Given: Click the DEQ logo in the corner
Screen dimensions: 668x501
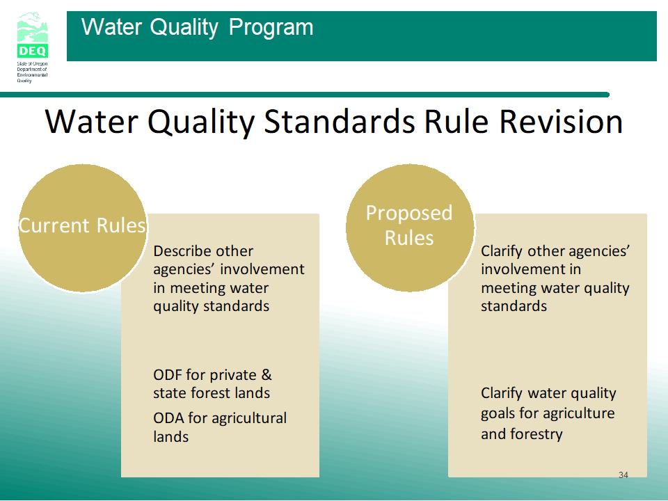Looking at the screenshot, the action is point(33,35).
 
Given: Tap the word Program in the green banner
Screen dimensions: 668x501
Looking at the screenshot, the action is point(271,28).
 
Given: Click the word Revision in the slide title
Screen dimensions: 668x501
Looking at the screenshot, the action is point(561,122).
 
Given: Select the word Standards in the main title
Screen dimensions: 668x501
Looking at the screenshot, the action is point(340,122).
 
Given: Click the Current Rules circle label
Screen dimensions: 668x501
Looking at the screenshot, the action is point(82,225).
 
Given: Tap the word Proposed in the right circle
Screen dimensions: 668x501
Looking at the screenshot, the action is point(409,214).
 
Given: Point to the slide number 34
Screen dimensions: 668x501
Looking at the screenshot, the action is point(623,475).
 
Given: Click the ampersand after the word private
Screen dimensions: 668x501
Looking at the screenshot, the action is point(267,375).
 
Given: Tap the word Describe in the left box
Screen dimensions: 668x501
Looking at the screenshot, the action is point(203,251).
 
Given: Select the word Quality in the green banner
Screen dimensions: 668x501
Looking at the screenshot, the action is point(184,28).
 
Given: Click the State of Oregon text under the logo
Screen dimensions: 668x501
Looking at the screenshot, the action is point(33,64).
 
